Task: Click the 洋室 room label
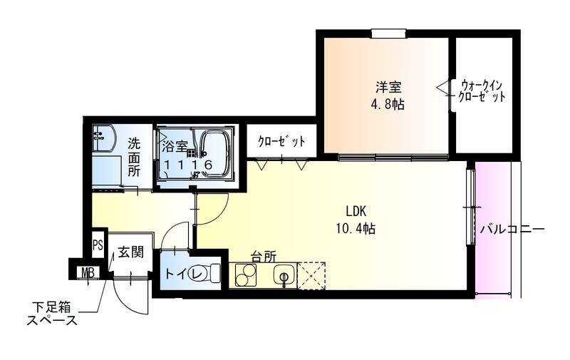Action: pyautogui.click(x=389, y=88)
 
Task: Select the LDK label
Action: pyautogui.click(x=356, y=212)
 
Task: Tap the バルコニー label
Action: pyautogui.click(x=512, y=230)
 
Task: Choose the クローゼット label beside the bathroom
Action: pyautogui.click(x=281, y=141)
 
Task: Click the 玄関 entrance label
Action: pyautogui.click(x=131, y=252)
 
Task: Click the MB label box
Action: pyautogui.click(x=87, y=272)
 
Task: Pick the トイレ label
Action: pyautogui.click(x=177, y=274)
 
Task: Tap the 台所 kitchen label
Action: pyautogui.click(x=263, y=257)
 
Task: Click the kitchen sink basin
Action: pyautogui.click(x=286, y=275)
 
